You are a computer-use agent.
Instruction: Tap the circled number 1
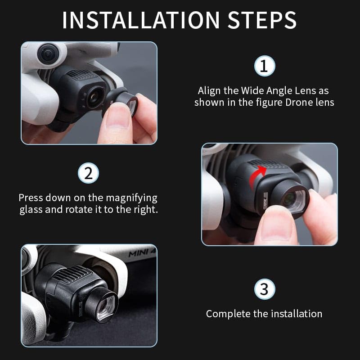tap(264, 66)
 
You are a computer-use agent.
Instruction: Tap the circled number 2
tap(88, 174)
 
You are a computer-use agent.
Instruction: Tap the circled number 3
tap(264, 289)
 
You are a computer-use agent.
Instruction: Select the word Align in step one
tap(209, 90)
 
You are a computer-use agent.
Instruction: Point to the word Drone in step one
tap(300, 102)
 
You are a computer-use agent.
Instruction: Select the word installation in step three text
tap(296, 314)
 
